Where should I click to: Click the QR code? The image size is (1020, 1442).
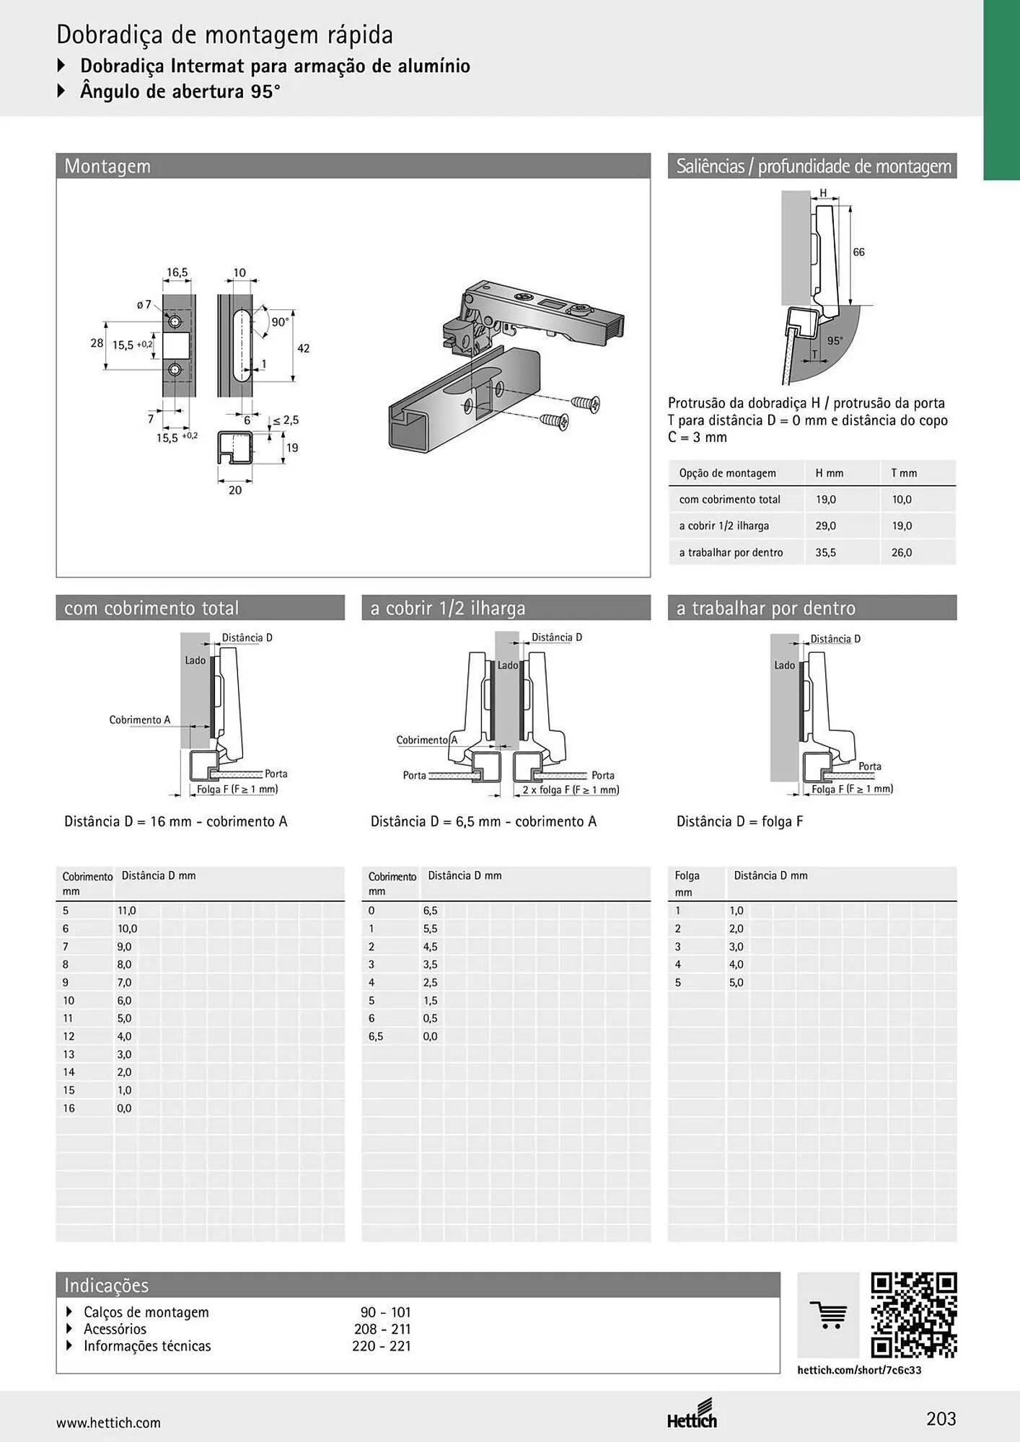[914, 1315]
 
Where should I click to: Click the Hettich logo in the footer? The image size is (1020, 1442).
[693, 1415]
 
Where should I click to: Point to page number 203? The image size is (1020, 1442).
[941, 1419]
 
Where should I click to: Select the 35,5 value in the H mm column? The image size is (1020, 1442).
[826, 552]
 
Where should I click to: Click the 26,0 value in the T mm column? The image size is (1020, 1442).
[902, 552]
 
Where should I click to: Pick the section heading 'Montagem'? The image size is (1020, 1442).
[107, 166]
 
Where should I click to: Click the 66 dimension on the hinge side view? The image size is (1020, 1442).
[858, 252]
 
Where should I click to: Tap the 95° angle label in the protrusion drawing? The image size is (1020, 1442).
[835, 341]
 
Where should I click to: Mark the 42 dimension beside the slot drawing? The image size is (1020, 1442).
[304, 348]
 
